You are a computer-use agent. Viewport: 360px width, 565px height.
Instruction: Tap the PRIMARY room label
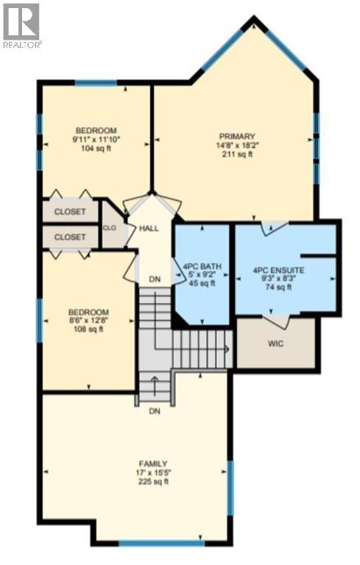pyautogui.click(x=236, y=137)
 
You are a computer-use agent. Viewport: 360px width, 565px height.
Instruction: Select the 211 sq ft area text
pyautogui.click(x=236, y=154)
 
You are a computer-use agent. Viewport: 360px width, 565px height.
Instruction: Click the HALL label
pyautogui.click(x=149, y=229)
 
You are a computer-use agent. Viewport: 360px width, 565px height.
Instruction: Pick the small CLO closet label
pyautogui.click(x=110, y=228)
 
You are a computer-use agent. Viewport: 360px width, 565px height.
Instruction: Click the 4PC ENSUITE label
pyautogui.click(x=278, y=270)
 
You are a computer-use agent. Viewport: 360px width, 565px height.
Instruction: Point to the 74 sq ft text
pyautogui.click(x=278, y=288)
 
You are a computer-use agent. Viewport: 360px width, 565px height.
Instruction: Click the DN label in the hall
pyautogui.click(x=155, y=280)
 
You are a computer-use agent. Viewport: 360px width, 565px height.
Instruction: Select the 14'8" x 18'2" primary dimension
pyautogui.click(x=236, y=146)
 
